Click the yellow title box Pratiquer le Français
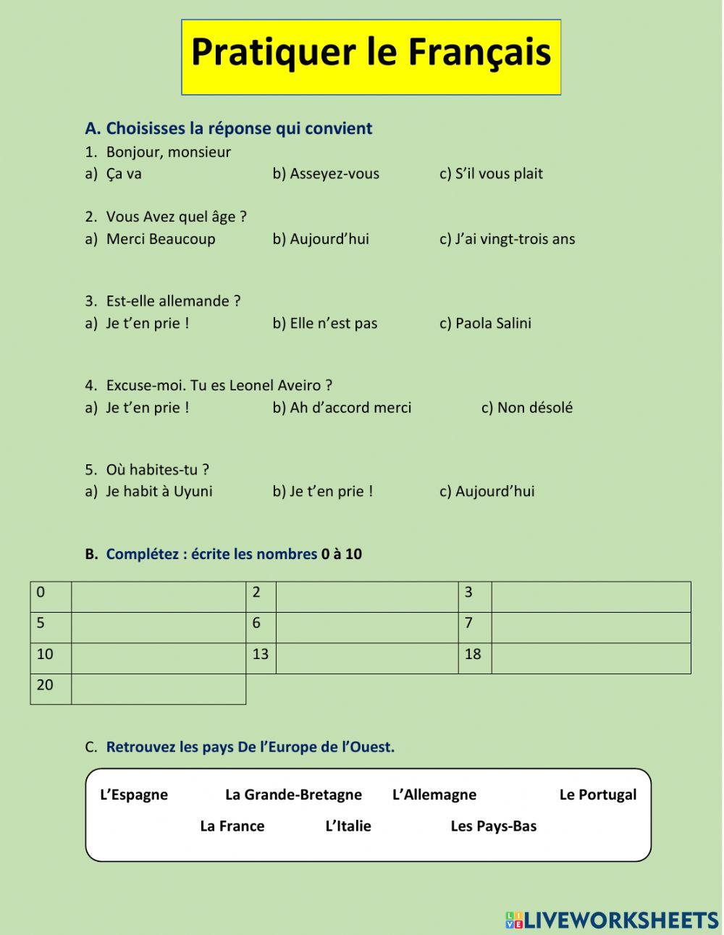tap(371, 56)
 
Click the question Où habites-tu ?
tap(157, 470)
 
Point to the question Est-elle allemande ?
tap(173, 301)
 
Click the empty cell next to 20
tap(159, 689)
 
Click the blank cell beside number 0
tap(159, 596)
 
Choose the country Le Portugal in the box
tap(597, 794)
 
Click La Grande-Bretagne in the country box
tap(293, 794)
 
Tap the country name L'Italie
tap(348, 826)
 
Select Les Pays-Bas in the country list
tap(493, 826)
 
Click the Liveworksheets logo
tap(612, 920)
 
